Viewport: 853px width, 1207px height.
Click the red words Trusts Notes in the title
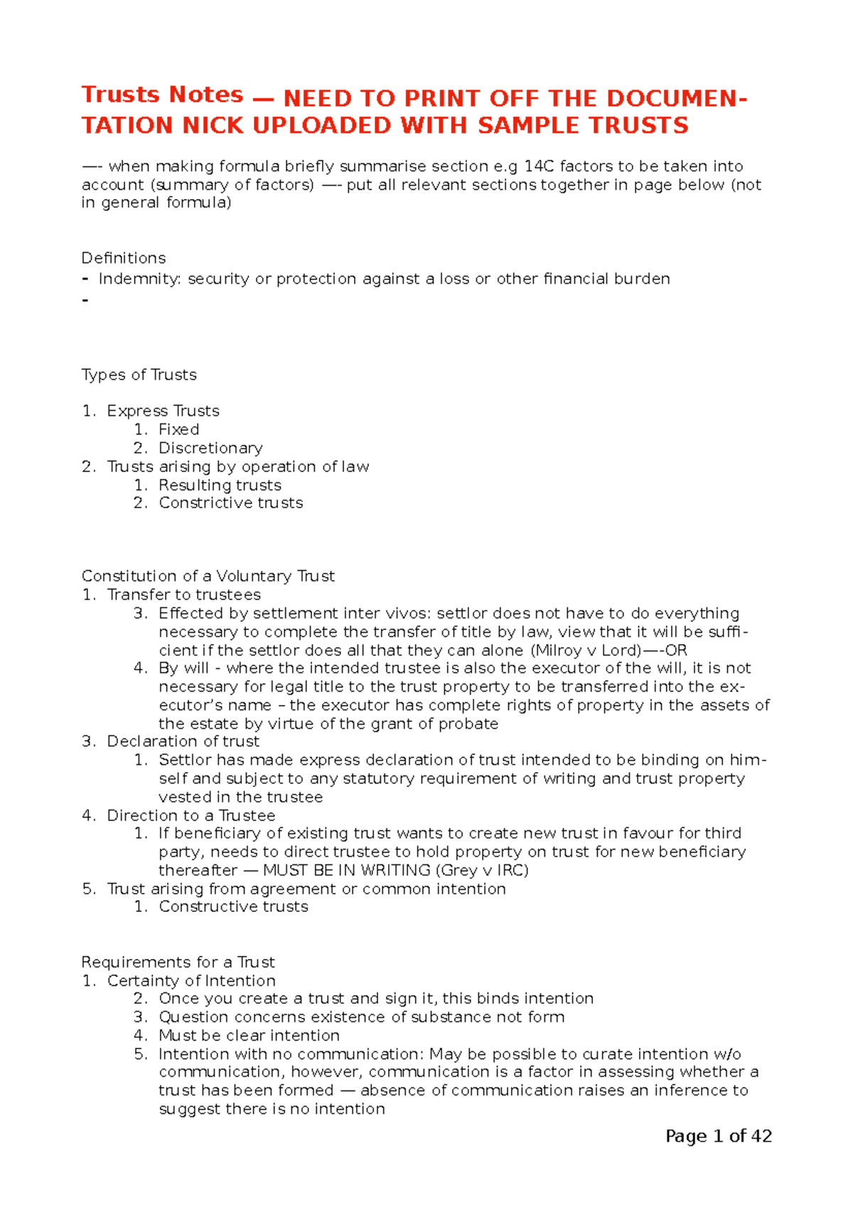162,95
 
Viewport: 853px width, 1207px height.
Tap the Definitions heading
124,258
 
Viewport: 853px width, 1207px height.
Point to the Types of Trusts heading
139,375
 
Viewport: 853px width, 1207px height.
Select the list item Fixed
178,429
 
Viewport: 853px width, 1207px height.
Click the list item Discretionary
210,448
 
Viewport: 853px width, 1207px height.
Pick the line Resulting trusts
220,485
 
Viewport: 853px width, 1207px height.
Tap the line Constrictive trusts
230,503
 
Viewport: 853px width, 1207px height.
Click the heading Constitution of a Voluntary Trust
208,576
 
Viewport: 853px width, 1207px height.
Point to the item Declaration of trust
183,741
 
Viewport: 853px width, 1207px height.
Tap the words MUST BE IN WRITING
347,870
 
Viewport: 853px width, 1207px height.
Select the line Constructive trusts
233,906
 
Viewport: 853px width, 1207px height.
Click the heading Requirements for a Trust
178,962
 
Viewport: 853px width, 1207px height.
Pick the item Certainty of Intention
191,980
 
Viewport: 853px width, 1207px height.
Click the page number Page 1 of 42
718,1136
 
